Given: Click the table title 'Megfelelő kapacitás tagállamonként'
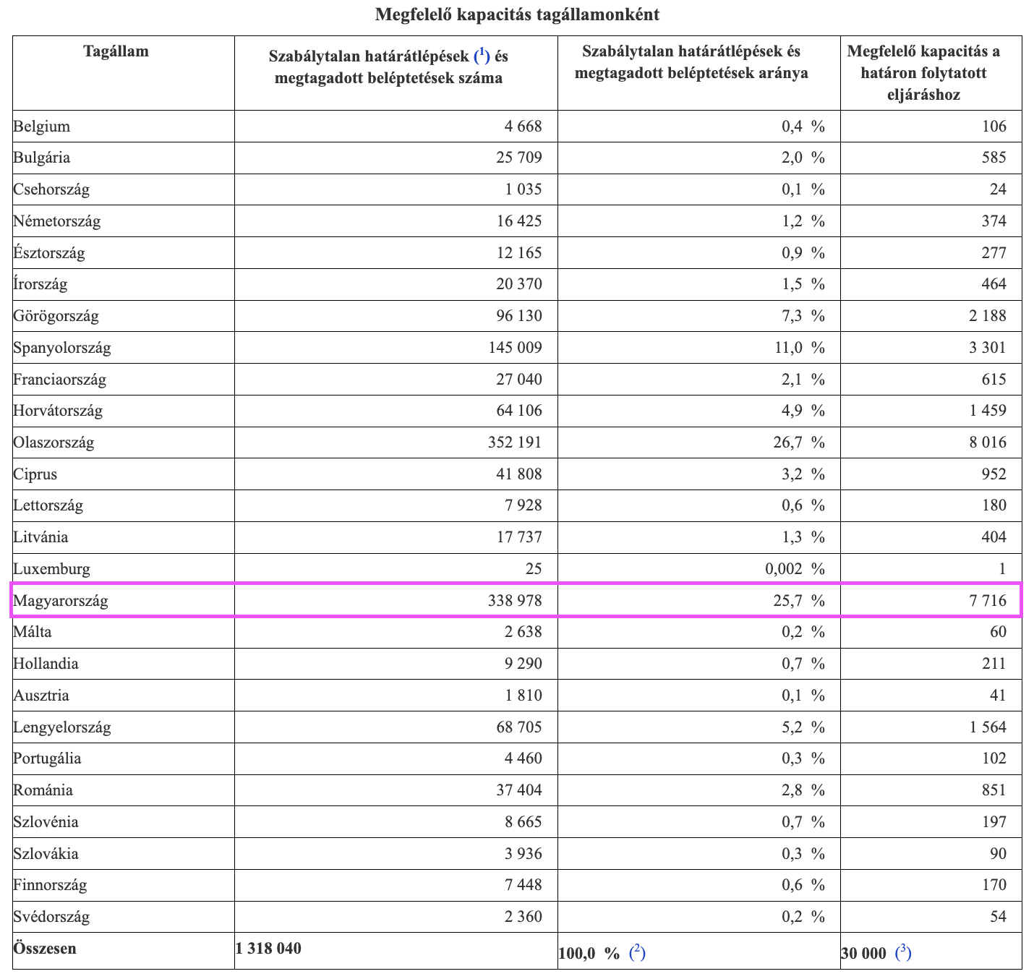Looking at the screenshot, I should click(516, 14).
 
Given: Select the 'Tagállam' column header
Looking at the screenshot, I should click(116, 51).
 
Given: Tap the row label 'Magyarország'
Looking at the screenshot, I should click(61, 600).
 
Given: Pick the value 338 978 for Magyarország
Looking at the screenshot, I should click(514, 600).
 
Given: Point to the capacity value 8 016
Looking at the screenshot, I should click(987, 442).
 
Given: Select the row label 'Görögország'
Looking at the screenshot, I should click(56, 316).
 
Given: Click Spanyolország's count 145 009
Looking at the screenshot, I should click(515, 348).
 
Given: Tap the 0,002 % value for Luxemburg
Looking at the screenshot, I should click(794, 568).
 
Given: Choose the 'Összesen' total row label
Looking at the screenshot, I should click(44, 949).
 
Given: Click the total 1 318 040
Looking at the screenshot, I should click(268, 949).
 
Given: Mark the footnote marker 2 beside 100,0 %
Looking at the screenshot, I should click(637, 952).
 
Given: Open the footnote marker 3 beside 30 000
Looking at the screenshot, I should click(903, 952).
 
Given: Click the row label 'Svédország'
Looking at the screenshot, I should click(51, 917).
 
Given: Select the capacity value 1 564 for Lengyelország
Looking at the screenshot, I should click(987, 727).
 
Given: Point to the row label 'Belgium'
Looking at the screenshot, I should click(41, 127).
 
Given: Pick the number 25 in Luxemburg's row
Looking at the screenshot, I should click(533, 568).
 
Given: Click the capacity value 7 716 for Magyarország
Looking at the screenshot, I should click(987, 600).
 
